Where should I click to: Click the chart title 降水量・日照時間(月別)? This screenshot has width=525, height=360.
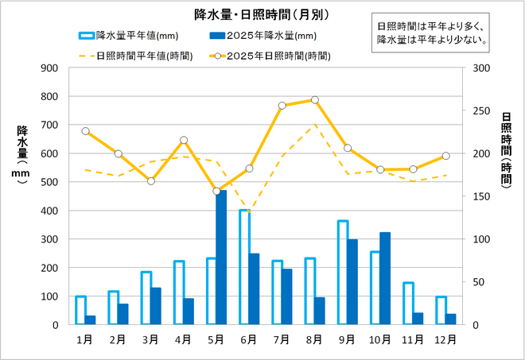(262, 14)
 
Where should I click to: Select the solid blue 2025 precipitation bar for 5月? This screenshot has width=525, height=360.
(221, 257)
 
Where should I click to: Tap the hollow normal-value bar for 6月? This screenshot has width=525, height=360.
(244, 267)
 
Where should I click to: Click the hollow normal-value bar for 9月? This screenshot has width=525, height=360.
(343, 273)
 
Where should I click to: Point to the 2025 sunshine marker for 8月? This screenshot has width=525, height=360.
(315, 100)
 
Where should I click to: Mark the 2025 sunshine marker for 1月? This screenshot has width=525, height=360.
(85, 131)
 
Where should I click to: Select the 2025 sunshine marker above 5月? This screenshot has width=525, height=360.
(216, 191)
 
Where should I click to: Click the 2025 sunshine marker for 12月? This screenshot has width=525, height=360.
(445, 156)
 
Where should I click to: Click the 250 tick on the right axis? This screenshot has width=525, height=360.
(479, 110)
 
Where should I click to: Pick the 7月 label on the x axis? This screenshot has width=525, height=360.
(282, 339)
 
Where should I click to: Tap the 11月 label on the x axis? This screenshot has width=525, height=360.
(413, 339)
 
